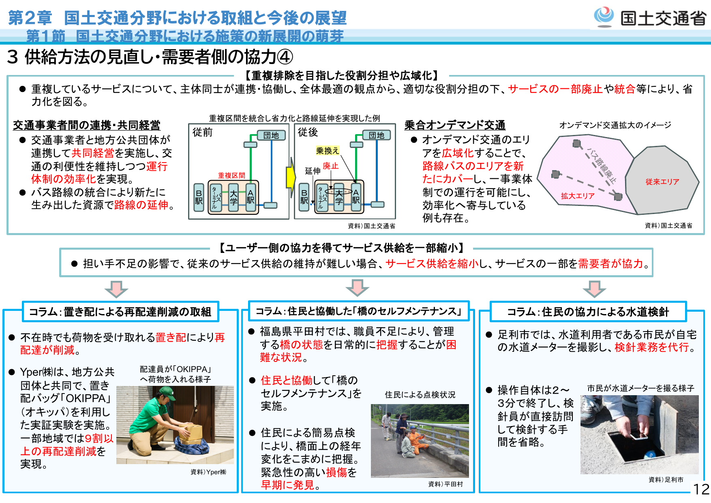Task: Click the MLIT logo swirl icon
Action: click(604, 16)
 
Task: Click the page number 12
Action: click(701, 489)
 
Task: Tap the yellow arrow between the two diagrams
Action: click(291, 178)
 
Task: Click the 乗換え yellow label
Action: click(327, 151)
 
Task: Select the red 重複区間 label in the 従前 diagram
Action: click(231, 176)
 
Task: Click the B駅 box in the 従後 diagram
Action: click(304, 197)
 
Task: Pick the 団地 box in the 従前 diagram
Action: click(271, 135)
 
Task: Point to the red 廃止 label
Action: click(330, 166)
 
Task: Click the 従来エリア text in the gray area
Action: click(662, 182)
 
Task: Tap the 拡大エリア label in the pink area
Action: click(577, 196)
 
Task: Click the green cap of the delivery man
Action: click(167, 392)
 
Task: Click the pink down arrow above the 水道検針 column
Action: click(594, 289)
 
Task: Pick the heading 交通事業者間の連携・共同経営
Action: click(86, 125)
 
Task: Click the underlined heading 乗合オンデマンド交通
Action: click(455, 125)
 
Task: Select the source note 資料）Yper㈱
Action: click(208, 472)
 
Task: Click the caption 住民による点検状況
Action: click(420, 394)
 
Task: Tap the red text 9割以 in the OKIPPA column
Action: click(99, 438)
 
